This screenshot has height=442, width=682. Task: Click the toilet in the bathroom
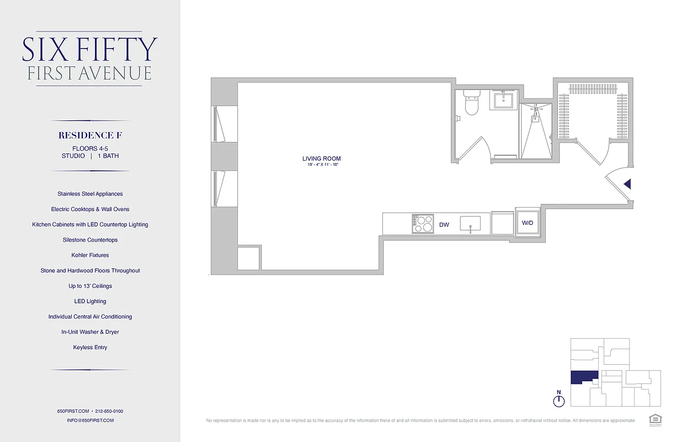click(x=471, y=103)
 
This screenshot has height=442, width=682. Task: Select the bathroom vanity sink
click(x=503, y=101)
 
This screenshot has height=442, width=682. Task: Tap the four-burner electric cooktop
click(x=422, y=224)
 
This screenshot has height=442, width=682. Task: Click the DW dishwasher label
click(x=444, y=225)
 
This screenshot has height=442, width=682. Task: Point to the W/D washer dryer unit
click(x=528, y=223)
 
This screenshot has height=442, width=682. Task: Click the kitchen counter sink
click(x=470, y=224)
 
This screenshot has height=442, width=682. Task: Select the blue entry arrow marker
click(x=627, y=184)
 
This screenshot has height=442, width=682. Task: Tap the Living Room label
click(x=321, y=159)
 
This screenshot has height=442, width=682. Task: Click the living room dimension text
click(x=321, y=165)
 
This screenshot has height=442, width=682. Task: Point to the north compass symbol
click(x=559, y=401)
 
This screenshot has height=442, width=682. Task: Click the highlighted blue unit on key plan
click(x=583, y=377)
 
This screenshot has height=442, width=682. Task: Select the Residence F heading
click(x=90, y=135)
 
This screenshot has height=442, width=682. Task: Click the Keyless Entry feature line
click(x=90, y=348)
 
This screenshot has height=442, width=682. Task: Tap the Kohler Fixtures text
click(x=90, y=255)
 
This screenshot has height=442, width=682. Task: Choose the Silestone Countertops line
click(x=90, y=240)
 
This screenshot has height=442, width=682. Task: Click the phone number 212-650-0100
click(x=109, y=411)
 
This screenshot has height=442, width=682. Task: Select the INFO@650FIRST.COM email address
click(x=90, y=420)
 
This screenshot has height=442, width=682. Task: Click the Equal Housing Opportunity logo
click(x=655, y=419)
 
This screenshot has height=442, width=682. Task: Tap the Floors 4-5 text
click(x=90, y=148)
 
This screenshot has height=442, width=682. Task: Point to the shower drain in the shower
click(x=535, y=117)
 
